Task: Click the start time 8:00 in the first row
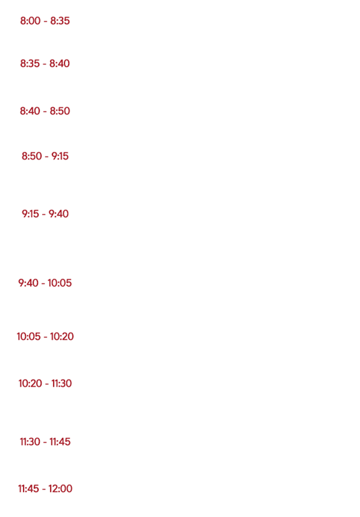pyautogui.click(x=30, y=21)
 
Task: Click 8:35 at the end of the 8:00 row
pyautogui.click(x=60, y=21)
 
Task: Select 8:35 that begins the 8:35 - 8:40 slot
pyautogui.click(x=30, y=63)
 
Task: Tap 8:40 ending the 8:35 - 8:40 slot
pyautogui.click(x=60, y=63)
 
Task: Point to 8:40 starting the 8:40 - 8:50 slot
pyautogui.click(x=30, y=111)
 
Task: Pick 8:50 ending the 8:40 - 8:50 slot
pyautogui.click(x=60, y=111)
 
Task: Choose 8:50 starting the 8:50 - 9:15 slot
pyautogui.click(x=32, y=156)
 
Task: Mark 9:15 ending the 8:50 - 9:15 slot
pyautogui.click(x=60, y=156)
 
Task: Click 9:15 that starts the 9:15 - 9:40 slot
pyautogui.click(x=30, y=213)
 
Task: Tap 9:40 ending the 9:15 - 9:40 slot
pyautogui.click(x=59, y=213)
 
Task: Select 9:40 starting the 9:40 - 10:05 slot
pyautogui.click(x=28, y=283)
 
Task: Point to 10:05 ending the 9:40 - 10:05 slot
pyautogui.click(x=60, y=283)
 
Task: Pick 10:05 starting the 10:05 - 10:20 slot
pyautogui.click(x=29, y=336)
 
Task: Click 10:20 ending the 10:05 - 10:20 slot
pyautogui.click(x=62, y=336)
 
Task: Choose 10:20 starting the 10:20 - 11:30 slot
pyautogui.click(x=30, y=383)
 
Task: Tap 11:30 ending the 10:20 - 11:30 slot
pyautogui.click(x=62, y=383)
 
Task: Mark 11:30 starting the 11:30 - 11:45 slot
pyautogui.click(x=30, y=441)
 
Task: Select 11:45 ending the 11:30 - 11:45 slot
pyautogui.click(x=60, y=441)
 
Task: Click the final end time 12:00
pyautogui.click(x=60, y=488)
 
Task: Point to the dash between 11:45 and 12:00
pyautogui.click(x=44, y=489)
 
